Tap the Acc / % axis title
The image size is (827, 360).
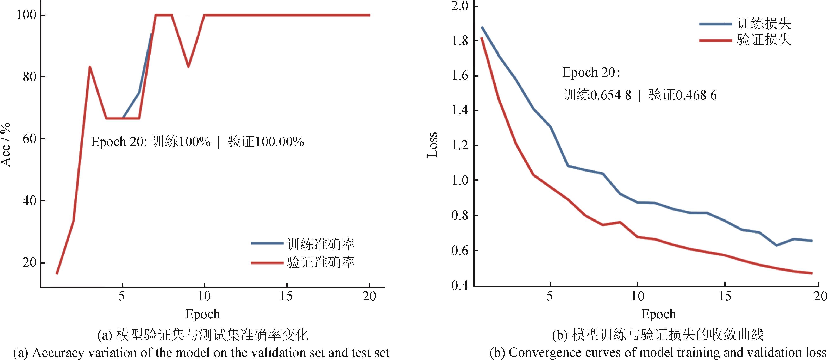6,144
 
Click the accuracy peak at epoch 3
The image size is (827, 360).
90,67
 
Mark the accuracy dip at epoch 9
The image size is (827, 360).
188,67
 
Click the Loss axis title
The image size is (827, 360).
432,144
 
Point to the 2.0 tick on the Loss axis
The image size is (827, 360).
460,6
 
